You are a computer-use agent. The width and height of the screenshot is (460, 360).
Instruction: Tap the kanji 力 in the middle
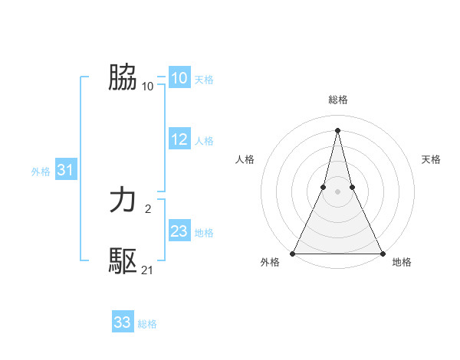click(123, 201)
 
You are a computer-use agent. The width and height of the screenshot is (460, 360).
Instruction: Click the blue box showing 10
click(179, 78)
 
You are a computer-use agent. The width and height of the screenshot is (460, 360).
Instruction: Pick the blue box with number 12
click(179, 139)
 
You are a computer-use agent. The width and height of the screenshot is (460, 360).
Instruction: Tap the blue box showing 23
click(179, 231)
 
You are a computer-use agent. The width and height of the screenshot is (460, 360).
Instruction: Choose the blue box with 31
click(65, 171)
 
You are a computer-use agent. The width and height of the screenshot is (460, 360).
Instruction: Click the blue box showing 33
click(122, 322)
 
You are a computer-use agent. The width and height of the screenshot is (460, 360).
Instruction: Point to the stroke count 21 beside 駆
click(148, 270)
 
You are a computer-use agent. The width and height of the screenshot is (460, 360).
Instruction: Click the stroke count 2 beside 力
click(148, 208)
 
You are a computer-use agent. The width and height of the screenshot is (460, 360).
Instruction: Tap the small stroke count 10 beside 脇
click(148, 86)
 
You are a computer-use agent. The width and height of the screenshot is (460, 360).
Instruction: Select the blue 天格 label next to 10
click(204, 80)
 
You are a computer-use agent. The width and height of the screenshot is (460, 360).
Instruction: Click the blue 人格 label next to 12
click(204, 141)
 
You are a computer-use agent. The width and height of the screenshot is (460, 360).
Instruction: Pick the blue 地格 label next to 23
click(204, 233)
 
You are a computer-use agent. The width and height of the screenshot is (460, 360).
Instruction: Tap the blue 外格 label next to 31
click(41, 172)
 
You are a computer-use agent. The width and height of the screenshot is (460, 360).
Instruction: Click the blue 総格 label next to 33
click(147, 324)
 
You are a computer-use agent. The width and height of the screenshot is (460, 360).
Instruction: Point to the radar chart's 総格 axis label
click(337, 100)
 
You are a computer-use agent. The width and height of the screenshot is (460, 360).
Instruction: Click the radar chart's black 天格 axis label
click(432, 159)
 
